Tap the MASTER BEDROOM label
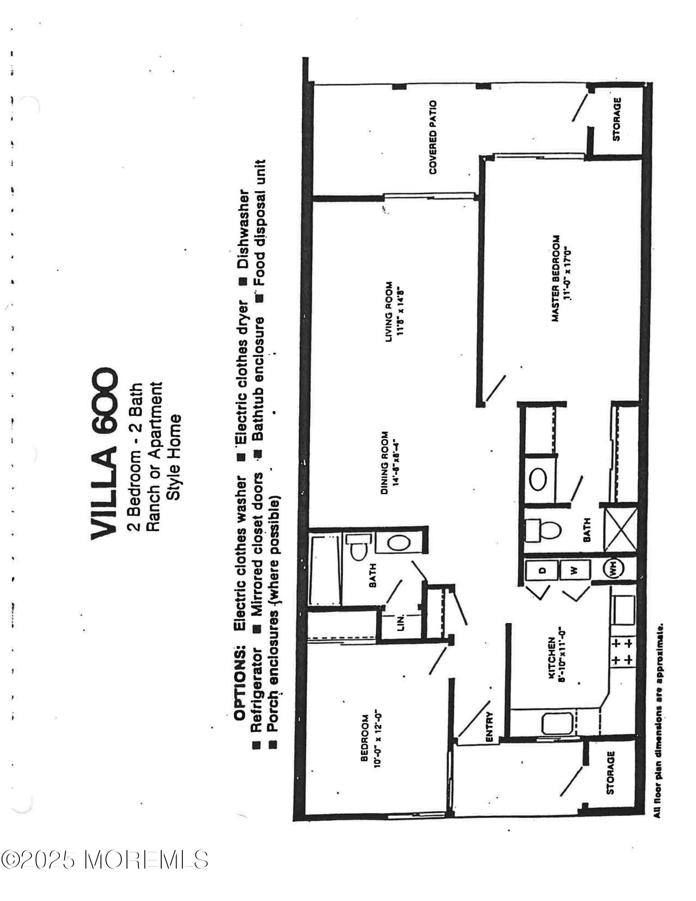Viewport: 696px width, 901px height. (561, 278)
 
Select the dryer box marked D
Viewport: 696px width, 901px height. (542, 570)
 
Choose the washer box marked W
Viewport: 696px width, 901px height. (573, 570)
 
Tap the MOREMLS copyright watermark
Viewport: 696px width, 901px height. (105, 860)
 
